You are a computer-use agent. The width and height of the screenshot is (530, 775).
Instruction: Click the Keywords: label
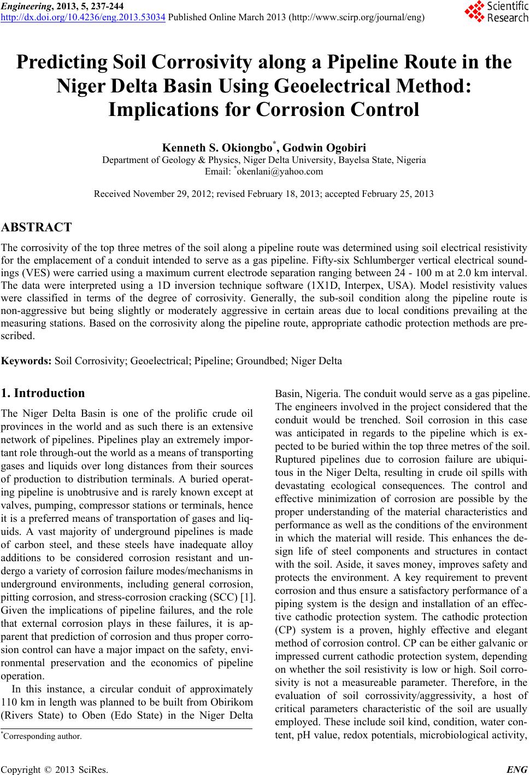(27, 361)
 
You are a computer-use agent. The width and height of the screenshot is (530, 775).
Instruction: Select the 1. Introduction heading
(44, 393)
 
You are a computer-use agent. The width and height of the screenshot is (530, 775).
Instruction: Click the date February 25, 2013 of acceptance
(397, 194)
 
